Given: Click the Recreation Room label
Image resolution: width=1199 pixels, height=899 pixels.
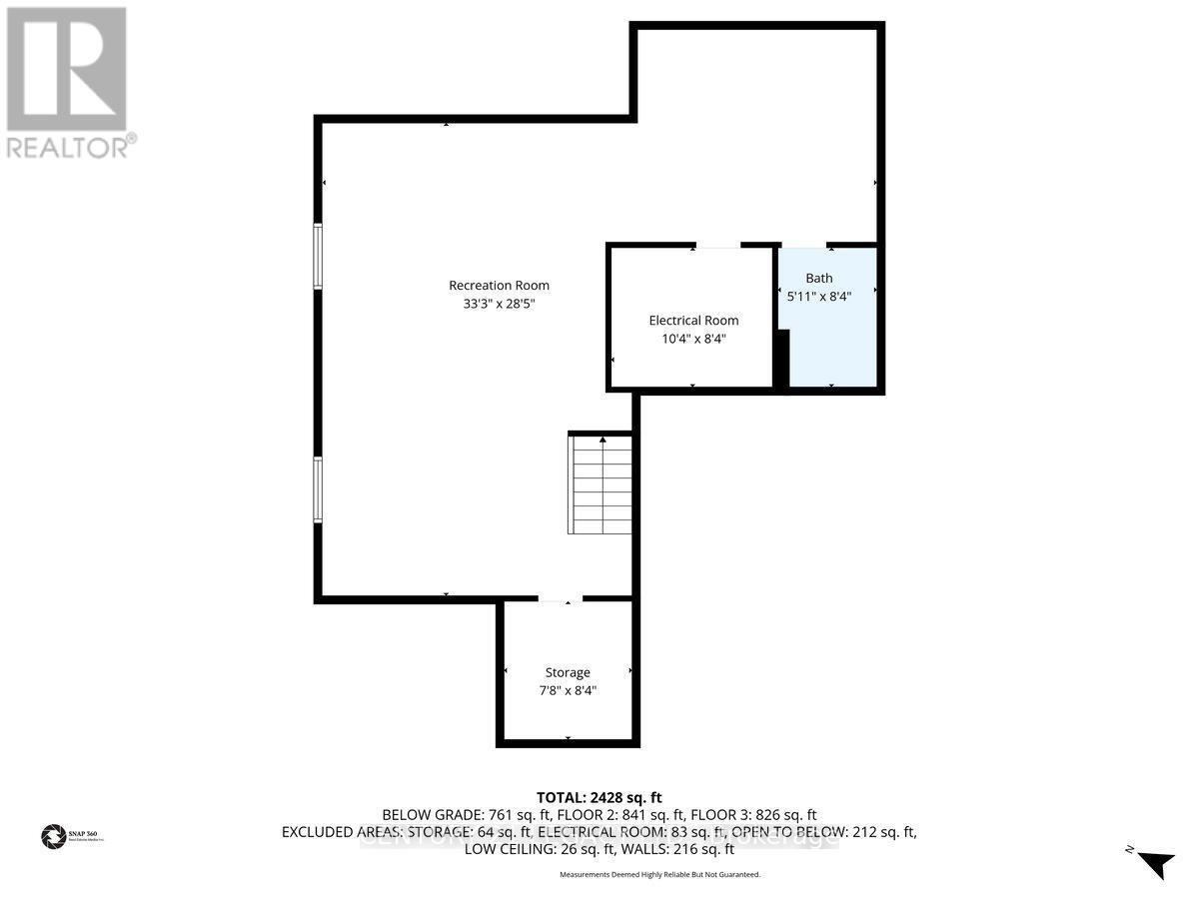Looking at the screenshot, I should tap(499, 286).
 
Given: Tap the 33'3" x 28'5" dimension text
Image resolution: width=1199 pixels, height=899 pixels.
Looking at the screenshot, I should tap(499, 305).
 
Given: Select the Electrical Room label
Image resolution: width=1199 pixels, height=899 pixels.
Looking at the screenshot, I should tap(693, 321).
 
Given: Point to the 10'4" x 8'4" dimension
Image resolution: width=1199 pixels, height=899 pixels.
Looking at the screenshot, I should tap(693, 339).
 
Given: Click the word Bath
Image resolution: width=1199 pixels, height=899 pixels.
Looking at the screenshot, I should tap(819, 279).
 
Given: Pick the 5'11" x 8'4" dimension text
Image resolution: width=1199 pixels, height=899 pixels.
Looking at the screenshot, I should tap(819, 296).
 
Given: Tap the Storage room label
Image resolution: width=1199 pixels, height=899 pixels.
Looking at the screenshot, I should tap(568, 672).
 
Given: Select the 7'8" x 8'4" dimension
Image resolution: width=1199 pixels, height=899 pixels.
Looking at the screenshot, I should tap(568, 690).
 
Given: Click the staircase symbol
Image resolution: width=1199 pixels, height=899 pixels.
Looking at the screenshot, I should tap(601, 486).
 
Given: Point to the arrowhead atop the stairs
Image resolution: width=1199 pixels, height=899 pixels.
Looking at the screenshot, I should tap(602, 439).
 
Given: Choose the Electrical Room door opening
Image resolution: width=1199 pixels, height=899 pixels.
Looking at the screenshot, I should tap(718, 245).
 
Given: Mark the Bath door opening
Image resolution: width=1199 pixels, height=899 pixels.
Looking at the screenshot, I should tap(803, 245).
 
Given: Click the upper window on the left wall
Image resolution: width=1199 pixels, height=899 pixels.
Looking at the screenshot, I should tap(318, 257).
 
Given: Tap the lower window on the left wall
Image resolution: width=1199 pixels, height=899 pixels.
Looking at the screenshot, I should tap(318, 489).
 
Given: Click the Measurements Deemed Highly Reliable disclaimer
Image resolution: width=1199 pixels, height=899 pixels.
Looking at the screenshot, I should tap(659, 875).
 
